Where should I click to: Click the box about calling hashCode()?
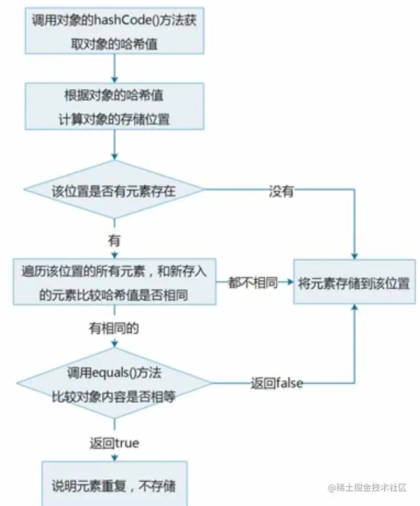(114, 31)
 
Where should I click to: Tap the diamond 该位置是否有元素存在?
(115, 190)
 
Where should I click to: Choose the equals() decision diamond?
(115, 384)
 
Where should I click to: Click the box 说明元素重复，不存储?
(115, 486)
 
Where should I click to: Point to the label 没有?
(281, 191)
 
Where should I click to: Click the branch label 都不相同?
(253, 282)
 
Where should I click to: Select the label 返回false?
(276, 384)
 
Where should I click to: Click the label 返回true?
(114, 442)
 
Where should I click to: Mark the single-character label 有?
(115, 241)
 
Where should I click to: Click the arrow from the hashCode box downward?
(115, 68)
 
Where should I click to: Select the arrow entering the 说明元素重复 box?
(115, 455)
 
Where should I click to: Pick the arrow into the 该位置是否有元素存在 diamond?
(115, 154)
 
